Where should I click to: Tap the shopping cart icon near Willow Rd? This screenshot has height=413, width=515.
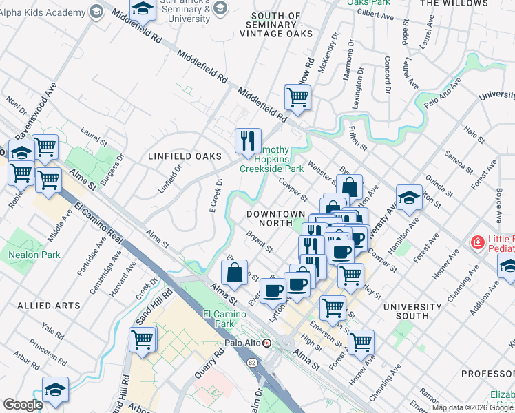pyautogui.click(x=297, y=96)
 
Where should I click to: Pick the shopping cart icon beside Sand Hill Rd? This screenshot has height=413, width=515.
pyautogui.click(x=143, y=339)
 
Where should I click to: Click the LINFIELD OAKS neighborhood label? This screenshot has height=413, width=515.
pyautogui.click(x=178, y=156)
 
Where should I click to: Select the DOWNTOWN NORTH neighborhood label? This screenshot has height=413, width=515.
pyautogui.click(x=276, y=218)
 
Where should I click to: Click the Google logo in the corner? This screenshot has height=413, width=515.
pyautogui.click(x=23, y=405)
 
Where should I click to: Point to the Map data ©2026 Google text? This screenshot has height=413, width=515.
pyautogui.click(x=472, y=407)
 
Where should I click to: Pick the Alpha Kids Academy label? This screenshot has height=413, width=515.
pyautogui.click(x=41, y=10)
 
